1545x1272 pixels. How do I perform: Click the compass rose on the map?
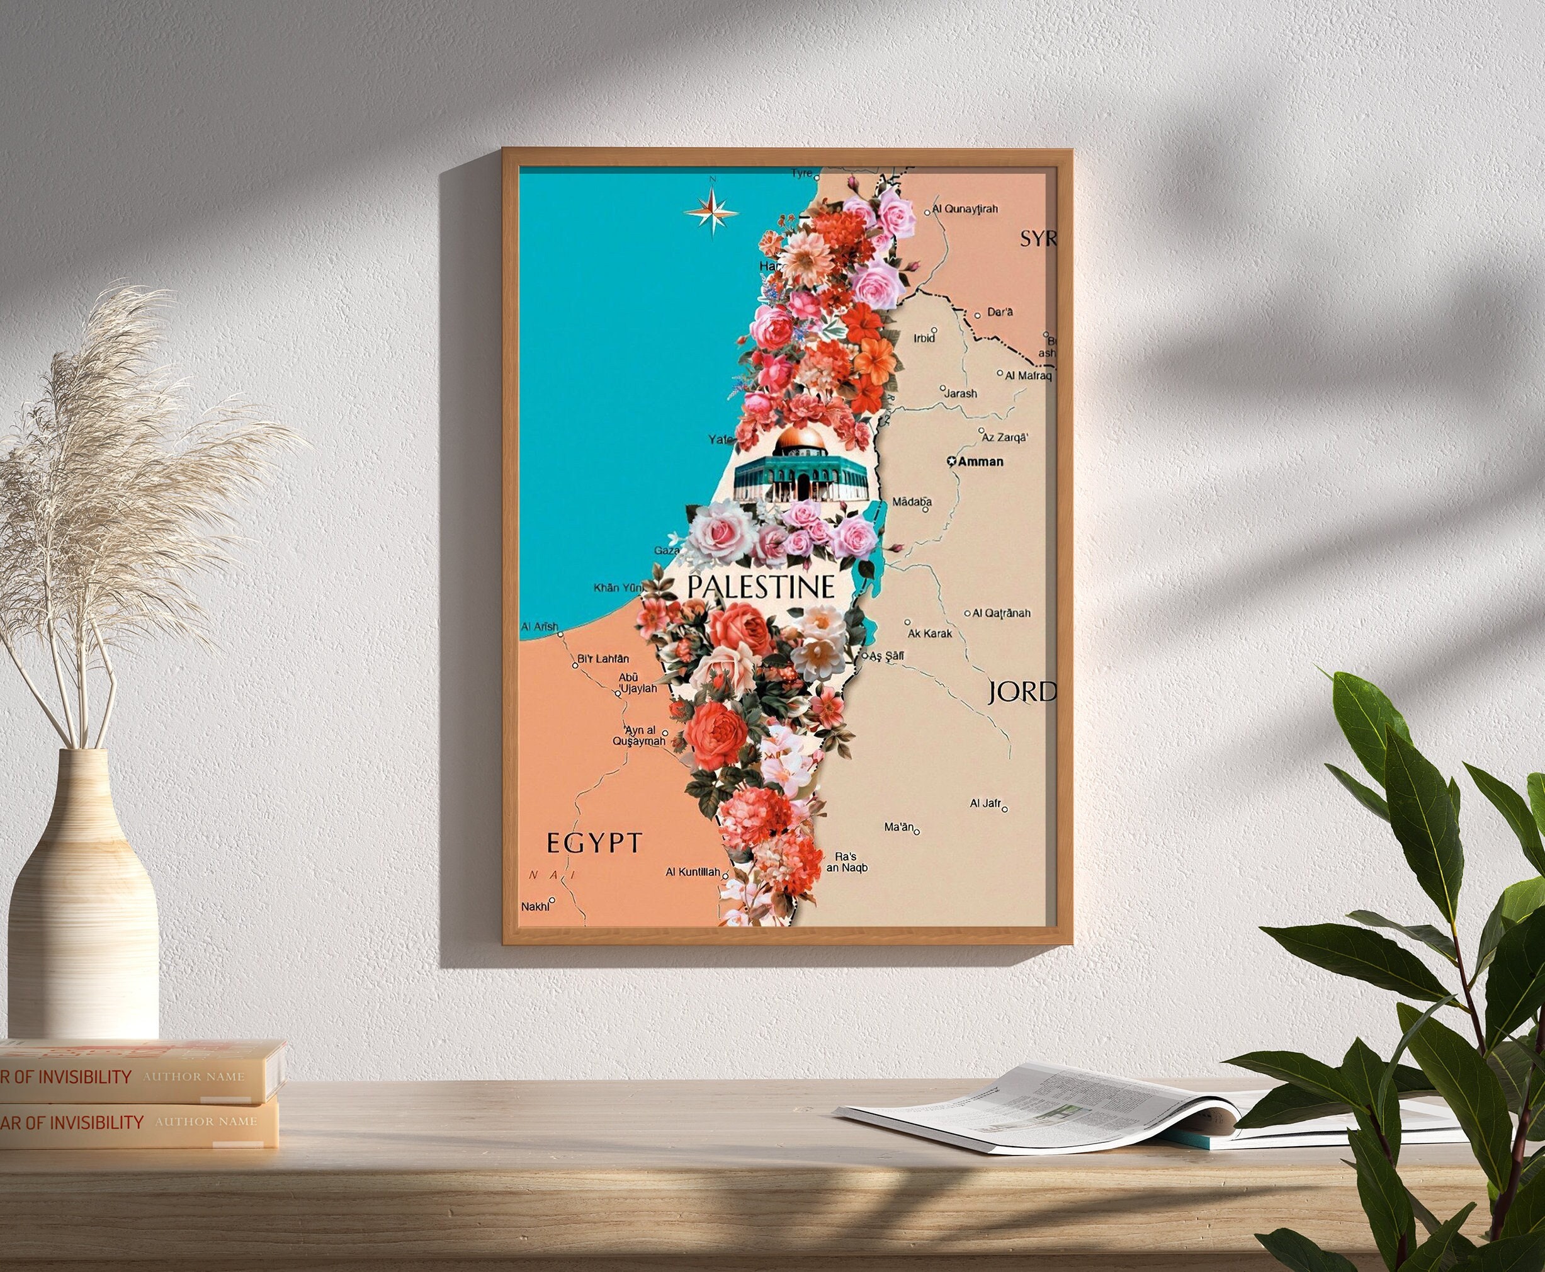tap(711, 211)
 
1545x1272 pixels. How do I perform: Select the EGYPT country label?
tap(594, 843)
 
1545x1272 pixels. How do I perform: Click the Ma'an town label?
tap(900, 827)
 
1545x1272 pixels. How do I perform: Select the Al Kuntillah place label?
tap(693, 873)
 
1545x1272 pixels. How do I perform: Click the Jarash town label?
tap(960, 394)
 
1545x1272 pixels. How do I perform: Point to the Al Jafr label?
tap(985, 804)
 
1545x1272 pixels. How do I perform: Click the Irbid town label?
tap(924, 339)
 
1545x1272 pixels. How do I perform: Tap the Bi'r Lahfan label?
tap(603, 659)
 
